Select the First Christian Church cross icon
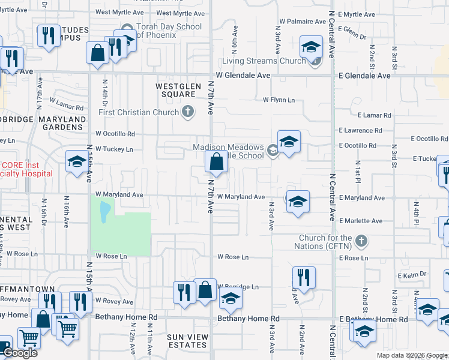pos(188,112)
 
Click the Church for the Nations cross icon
pos(360,241)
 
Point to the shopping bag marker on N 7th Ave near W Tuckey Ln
pos(216,162)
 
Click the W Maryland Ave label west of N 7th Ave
pos(119,194)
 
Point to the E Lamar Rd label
pos(373,115)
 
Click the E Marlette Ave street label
pos(360,221)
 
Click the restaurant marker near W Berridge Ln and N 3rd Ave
pos(304,278)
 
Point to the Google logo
pos(20,353)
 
